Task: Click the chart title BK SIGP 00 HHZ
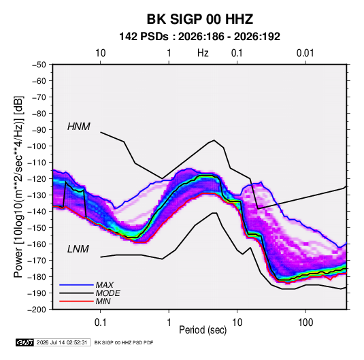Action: pos(199,19)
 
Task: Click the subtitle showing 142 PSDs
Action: pos(199,37)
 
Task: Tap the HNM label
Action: pos(79,127)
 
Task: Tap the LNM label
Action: pos(78,249)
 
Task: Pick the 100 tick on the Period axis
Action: pos(305,323)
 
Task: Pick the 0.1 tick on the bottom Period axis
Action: pos(100,323)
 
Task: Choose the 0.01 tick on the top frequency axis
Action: pos(305,53)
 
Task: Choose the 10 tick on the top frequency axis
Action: pos(100,53)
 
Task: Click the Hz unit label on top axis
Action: pos(203,53)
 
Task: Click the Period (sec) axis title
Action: pos(203,330)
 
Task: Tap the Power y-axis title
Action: pos(18,187)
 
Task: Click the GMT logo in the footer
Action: pos(24,342)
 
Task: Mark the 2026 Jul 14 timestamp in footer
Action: pos(62,342)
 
